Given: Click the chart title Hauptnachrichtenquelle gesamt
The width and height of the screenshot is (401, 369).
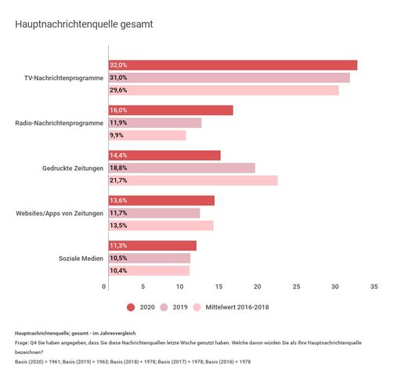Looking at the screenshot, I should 84,24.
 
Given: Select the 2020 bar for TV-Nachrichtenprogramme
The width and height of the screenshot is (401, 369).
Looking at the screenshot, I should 232,65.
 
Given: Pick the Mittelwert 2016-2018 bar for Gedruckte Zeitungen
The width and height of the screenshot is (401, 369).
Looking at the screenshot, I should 193,180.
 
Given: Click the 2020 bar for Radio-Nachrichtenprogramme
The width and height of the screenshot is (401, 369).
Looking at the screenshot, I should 170,110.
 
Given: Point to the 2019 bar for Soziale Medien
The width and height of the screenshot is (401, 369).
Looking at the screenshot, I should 149,258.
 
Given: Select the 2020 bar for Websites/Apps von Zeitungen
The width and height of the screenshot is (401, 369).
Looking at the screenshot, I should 161,201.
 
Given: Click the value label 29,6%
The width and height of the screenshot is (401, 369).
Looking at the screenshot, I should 118,90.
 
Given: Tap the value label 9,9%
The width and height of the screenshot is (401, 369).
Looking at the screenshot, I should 117,136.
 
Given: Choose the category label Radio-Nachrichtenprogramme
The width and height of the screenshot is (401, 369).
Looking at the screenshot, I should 60,123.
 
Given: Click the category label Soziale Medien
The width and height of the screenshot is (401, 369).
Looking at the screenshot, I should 81,259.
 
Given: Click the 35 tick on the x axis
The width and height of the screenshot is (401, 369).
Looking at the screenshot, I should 374,287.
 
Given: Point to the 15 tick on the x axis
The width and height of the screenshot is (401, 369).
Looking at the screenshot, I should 220,287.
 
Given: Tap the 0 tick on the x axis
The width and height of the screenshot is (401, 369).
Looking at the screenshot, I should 105,287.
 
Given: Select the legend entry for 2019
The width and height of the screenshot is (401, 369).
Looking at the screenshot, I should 175,307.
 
